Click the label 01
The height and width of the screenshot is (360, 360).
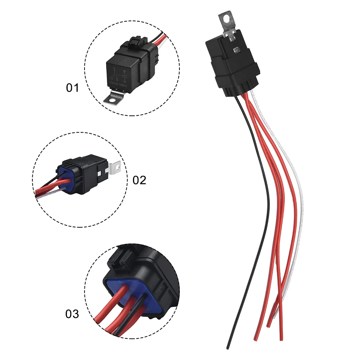(72, 87)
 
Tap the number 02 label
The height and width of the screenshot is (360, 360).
(140, 180)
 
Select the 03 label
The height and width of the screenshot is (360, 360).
(72, 314)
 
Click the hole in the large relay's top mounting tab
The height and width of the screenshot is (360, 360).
(226, 17)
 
